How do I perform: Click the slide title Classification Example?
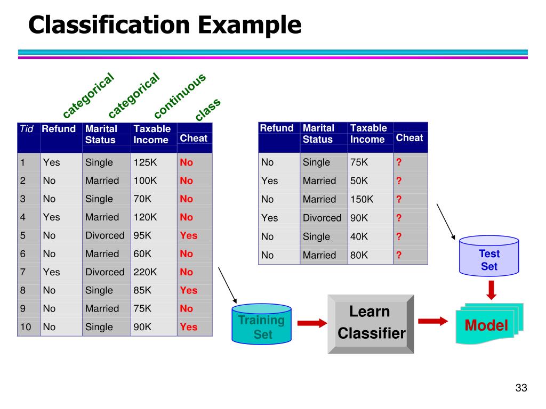pyautogui.click(x=165, y=25)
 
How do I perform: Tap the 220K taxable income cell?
pyautogui.click(x=146, y=272)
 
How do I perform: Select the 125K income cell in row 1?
pyautogui.click(x=146, y=162)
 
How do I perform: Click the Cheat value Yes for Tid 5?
pyautogui.click(x=189, y=235)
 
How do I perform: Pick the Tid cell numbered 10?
pyautogui.click(x=26, y=327)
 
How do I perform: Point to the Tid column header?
pyautogui.click(x=27, y=128)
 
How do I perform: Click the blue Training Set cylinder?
pyautogui.click(x=262, y=323)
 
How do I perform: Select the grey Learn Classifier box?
pyautogui.click(x=370, y=323)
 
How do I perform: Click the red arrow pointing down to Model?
pyautogui.click(x=492, y=289)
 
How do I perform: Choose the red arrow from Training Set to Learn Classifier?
pyautogui.click(x=311, y=323)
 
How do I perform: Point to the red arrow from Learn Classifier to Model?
pyautogui.click(x=432, y=321)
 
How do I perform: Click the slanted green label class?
pyautogui.click(x=207, y=110)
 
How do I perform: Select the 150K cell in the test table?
pyautogui.click(x=362, y=199)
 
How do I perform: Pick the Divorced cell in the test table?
pyautogui.click(x=322, y=218)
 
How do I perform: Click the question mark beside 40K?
pyautogui.click(x=399, y=236)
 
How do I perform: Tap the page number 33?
pyautogui.click(x=521, y=388)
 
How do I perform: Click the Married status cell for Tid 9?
pyautogui.click(x=102, y=308)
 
